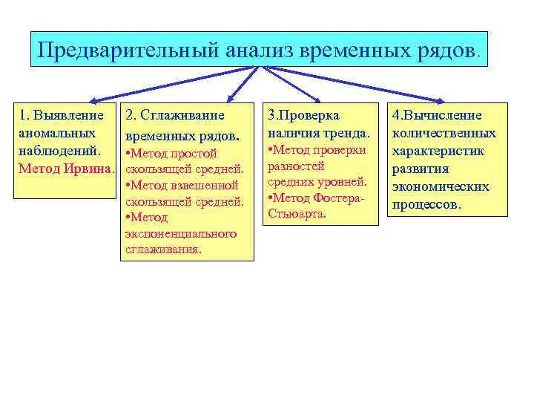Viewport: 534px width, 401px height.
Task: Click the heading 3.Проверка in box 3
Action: pyautogui.click(x=303, y=116)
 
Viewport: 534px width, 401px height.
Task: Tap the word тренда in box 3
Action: pyautogui.click(x=346, y=133)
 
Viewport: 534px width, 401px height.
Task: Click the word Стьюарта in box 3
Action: pyautogui.click(x=297, y=215)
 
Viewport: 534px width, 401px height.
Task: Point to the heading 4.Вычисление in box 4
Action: pyautogui.click(x=438, y=116)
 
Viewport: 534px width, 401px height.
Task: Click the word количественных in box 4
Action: pyautogui.click(x=444, y=134)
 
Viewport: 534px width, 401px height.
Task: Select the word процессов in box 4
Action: pyautogui.click(x=426, y=204)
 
